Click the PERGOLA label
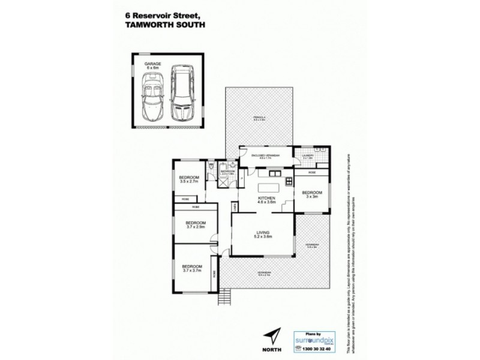coord(258,118)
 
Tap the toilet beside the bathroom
coord(212,169)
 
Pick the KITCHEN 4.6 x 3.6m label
coord(266,200)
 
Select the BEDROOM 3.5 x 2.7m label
coord(191,180)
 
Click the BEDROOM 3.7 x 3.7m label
coord(192,268)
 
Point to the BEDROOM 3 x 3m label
coord(311,194)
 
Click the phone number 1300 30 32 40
coord(314,347)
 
